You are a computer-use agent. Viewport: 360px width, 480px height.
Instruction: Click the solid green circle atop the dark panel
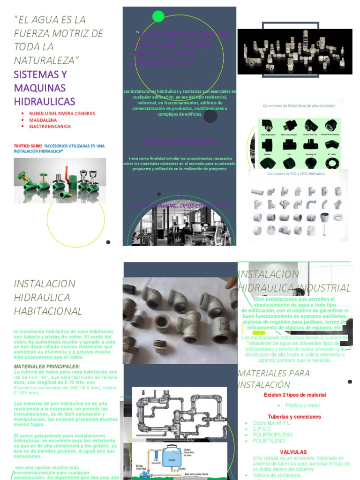coord(158,16)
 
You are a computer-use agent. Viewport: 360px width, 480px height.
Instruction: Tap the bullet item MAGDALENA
coord(43,120)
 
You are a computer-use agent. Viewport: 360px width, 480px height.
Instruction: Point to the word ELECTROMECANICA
coord(50,127)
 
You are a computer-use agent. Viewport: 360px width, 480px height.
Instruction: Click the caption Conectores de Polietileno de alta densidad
coord(299,106)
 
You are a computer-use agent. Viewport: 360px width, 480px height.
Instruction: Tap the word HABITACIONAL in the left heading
coord(48,311)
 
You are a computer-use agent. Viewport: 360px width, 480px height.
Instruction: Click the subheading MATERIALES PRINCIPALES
coord(47,366)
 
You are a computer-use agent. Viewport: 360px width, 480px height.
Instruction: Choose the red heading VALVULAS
coord(293,452)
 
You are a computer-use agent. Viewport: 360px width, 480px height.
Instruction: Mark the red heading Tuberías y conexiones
coord(294,416)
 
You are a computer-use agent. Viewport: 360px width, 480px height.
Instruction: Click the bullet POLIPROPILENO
coord(273,435)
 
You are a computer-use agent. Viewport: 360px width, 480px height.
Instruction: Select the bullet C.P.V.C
coord(262,428)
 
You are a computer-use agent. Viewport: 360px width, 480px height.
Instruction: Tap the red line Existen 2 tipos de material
coord(294,395)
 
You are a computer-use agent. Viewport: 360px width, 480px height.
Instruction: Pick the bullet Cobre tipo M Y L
coord(271,422)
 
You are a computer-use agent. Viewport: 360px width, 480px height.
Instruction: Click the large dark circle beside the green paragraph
coord(210,116)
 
